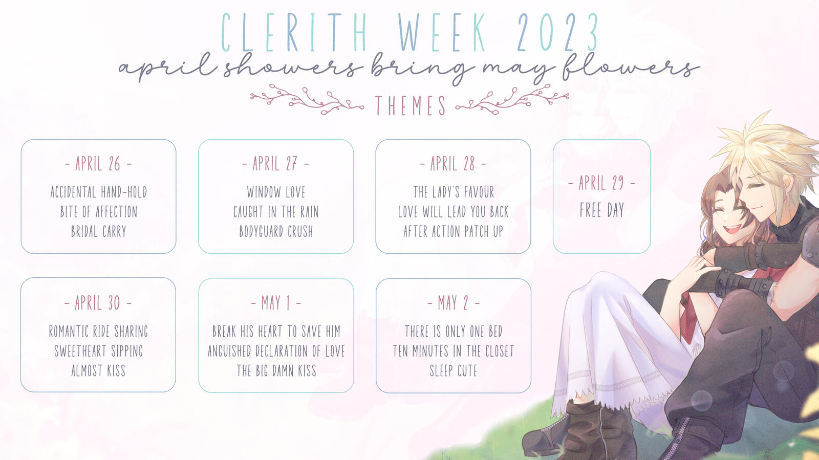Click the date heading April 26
point(98,164)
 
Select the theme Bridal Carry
point(98,231)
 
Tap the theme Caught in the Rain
point(276,211)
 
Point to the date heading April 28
point(452,164)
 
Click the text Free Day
point(602,210)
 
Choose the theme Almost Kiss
point(98,370)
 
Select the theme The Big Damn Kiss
point(276,370)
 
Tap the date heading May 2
point(454,303)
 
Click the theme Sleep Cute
point(454,370)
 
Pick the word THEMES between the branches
point(410,105)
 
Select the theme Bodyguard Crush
point(276,231)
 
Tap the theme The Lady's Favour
point(454,192)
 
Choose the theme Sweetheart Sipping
point(98,351)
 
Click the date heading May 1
point(276,303)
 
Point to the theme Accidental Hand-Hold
point(98,192)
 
